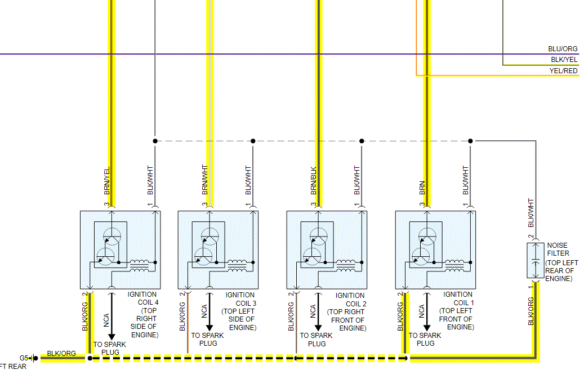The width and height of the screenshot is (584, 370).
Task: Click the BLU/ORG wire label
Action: pyautogui.click(x=563, y=50)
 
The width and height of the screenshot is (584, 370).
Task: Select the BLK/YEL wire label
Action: pyautogui.click(x=564, y=60)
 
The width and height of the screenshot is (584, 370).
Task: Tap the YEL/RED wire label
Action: pyautogui.click(x=563, y=71)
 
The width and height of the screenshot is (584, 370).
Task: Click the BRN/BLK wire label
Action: pyautogui.click(x=313, y=181)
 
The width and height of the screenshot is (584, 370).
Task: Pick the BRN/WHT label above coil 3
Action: pyautogui.click(x=205, y=180)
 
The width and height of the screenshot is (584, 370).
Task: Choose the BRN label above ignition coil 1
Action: pyautogui.click(x=422, y=188)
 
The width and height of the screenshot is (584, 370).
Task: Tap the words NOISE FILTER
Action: pyautogui.click(x=558, y=249)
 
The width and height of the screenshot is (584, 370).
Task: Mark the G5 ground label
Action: pyautogui.click(x=24, y=358)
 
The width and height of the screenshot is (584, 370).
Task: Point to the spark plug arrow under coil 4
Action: pyautogui.click(x=112, y=315)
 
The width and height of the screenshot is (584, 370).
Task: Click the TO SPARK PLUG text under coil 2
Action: pyautogui.click(x=316, y=340)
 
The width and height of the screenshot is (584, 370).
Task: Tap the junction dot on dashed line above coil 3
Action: pyautogui.click(x=253, y=141)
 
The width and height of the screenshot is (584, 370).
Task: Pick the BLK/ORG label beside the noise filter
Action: pyautogui.click(x=530, y=311)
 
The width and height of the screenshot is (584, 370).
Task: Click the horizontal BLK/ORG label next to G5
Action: pyautogui.click(x=61, y=354)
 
